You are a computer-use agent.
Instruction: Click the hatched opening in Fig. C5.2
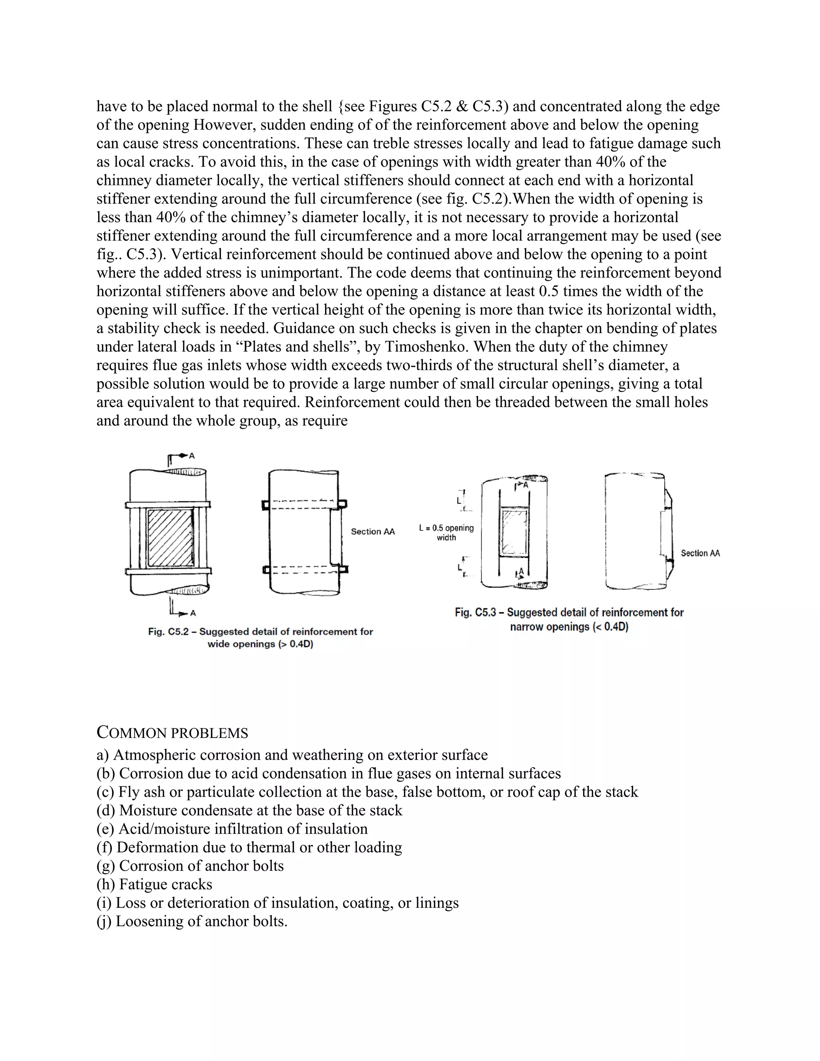click(x=171, y=538)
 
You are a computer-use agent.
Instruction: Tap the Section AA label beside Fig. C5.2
click(x=373, y=531)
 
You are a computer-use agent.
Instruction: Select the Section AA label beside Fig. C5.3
click(x=700, y=553)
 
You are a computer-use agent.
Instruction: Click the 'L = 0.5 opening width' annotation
click(x=446, y=533)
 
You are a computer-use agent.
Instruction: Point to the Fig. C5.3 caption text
click(x=569, y=619)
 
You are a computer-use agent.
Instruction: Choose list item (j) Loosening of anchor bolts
click(x=192, y=921)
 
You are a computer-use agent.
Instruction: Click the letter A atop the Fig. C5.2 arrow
click(x=192, y=456)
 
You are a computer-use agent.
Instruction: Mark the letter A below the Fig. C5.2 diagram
click(x=193, y=613)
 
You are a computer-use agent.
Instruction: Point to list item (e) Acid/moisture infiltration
click(x=232, y=829)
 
